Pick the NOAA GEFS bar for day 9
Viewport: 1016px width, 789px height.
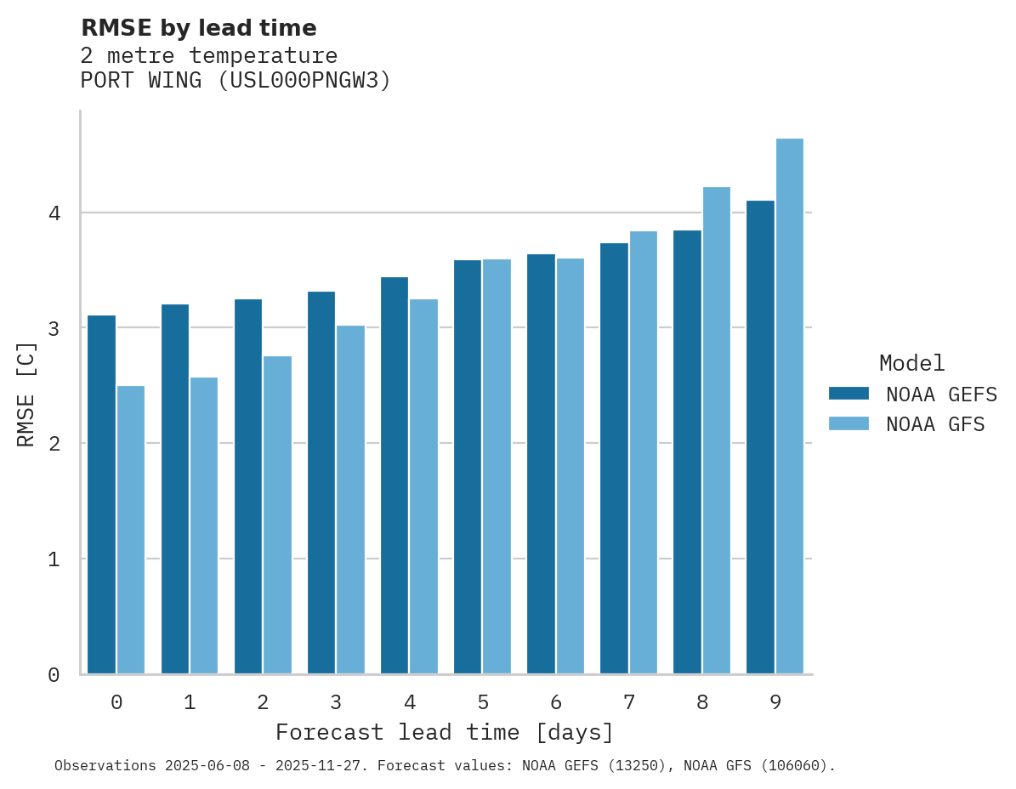(760, 437)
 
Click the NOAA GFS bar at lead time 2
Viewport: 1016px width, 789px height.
(277, 515)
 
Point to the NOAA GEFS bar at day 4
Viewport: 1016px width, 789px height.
(394, 475)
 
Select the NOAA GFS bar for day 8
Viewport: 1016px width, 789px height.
(717, 430)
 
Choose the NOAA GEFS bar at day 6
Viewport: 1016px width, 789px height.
(541, 464)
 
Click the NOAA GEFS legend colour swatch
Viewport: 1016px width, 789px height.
(849, 394)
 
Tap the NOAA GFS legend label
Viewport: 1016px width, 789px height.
(935, 424)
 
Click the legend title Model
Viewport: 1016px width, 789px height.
(912, 364)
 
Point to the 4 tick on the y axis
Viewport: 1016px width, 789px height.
(54, 213)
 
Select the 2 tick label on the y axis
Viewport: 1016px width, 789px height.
(54, 444)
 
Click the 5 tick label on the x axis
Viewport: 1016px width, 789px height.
(483, 702)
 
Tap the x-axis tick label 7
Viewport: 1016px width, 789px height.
(629, 702)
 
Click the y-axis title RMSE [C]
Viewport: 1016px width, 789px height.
(26, 393)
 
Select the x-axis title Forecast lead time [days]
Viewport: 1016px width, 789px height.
(445, 732)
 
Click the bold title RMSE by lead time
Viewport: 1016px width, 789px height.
(199, 28)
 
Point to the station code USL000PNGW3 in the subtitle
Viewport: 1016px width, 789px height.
(300, 81)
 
